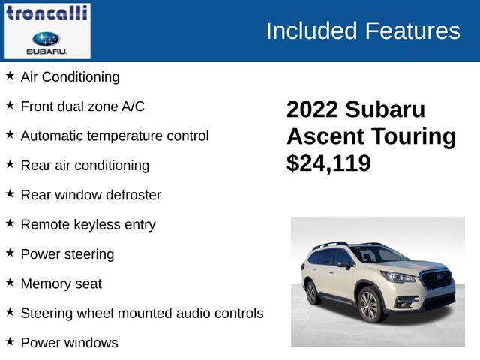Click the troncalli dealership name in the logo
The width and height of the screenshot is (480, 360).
(46, 13)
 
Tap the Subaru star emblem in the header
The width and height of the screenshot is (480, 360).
(46, 38)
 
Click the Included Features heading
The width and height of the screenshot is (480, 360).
(362, 31)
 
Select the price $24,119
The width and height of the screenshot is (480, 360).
(328, 163)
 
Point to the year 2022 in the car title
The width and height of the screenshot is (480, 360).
(312, 109)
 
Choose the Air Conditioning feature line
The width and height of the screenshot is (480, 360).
(70, 76)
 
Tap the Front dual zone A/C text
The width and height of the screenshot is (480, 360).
(82, 106)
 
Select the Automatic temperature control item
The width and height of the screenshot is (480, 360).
(115, 136)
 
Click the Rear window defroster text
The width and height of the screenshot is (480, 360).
(91, 195)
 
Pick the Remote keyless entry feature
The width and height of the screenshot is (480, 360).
(88, 224)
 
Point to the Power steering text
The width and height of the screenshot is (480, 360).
(67, 254)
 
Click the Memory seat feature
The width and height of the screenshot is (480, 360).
(61, 283)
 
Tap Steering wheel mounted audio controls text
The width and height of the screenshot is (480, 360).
(142, 313)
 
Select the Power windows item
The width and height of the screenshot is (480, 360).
(69, 343)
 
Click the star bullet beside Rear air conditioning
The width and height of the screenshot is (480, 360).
(10, 164)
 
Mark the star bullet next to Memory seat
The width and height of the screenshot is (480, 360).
(10, 282)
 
